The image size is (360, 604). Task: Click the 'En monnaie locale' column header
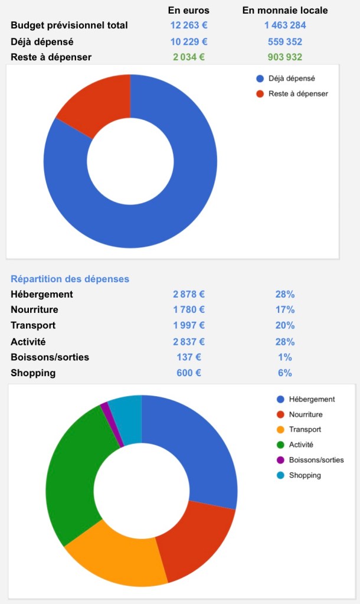point(285,10)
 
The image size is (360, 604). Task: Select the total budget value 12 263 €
point(188,25)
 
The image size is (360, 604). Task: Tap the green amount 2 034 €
point(189,57)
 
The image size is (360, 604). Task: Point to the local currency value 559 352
point(285,41)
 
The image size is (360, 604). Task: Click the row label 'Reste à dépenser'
point(51,57)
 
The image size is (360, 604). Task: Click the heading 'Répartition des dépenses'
point(70,279)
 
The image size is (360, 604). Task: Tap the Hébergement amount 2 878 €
point(189,294)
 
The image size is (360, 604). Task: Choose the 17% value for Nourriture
point(285,309)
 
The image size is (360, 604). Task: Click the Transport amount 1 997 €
point(189,325)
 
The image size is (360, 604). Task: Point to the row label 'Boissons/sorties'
point(50,357)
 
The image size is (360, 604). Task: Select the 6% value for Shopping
point(285,373)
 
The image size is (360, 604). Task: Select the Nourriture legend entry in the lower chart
point(305,414)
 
